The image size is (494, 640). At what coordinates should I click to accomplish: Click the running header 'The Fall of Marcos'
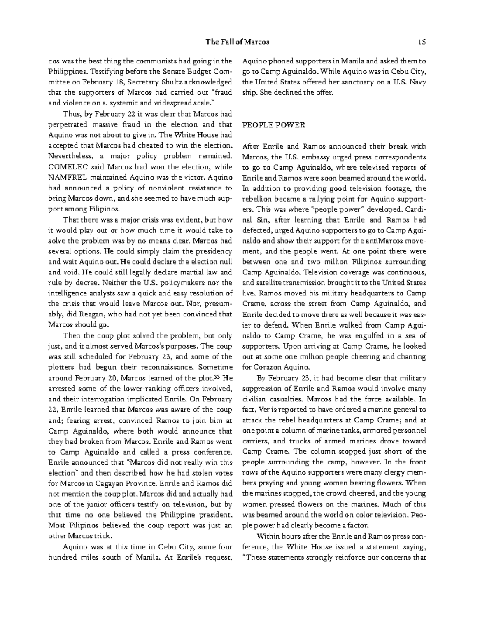pyautogui.click(x=237, y=42)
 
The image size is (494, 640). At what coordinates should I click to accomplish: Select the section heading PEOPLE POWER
pyautogui.click(x=274, y=125)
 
